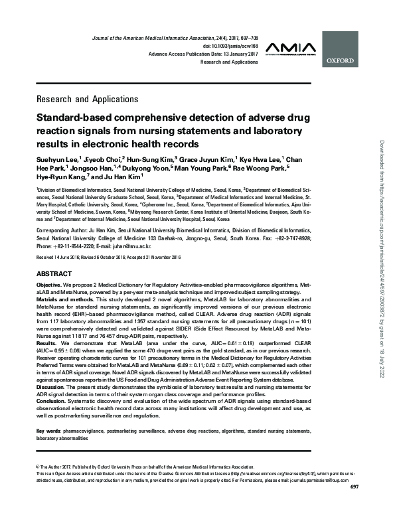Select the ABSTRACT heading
click(x=54, y=273)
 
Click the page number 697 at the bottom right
click(x=353, y=508)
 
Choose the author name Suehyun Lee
click(x=57, y=159)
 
